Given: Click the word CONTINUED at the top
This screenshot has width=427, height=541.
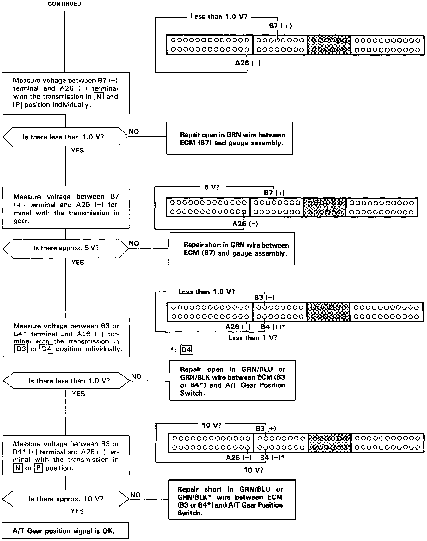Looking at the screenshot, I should (x=64, y=4).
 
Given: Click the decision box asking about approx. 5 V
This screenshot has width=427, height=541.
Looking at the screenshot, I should (x=66, y=248).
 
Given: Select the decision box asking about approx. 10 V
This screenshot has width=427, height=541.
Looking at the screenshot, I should (x=66, y=499).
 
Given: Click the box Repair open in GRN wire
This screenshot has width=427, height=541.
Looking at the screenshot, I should (x=229, y=139).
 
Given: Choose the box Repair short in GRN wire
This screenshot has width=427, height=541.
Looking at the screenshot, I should (x=232, y=249).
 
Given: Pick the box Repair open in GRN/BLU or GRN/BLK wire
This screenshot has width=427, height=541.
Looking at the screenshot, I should (x=233, y=381).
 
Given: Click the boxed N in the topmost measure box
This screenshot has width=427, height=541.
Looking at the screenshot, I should (x=99, y=96).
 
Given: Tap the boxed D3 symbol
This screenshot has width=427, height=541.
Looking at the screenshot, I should (x=21, y=349).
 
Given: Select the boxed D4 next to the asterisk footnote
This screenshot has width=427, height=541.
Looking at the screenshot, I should (x=186, y=350).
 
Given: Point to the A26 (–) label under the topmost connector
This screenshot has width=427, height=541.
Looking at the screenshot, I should (x=248, y=63).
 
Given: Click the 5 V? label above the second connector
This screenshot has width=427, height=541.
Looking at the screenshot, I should (x=212, y=187).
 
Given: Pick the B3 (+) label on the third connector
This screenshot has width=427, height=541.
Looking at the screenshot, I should (x=264, y=297).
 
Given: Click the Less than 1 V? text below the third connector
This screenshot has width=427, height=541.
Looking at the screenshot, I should (x=253, y=338).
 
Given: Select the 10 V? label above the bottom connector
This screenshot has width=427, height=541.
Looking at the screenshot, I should (x=212, y=425).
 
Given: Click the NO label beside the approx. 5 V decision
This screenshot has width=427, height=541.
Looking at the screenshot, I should (x=134, y=243).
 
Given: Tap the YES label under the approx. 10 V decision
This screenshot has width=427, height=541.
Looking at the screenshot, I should (x=77, y=511).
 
